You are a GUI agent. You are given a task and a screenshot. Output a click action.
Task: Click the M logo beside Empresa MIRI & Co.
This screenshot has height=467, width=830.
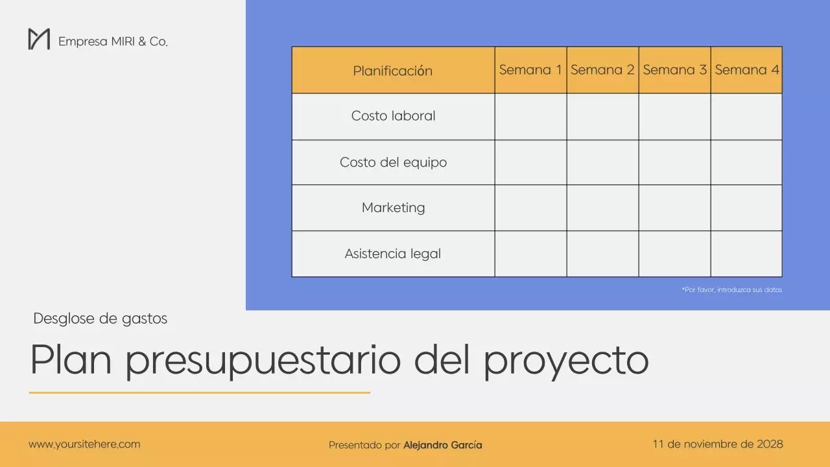coord(39,39)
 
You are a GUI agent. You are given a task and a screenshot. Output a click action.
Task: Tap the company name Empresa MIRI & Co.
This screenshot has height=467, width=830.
coord(113,42)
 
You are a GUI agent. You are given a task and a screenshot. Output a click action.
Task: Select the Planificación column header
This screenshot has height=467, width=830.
coord(392,71)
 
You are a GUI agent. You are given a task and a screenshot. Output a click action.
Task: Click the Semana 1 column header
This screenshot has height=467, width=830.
coord(530,70)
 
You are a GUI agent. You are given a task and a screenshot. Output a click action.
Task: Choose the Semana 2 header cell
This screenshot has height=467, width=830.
coord(602,70)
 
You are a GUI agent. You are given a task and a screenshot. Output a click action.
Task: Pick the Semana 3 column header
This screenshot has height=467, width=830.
coord(674,70)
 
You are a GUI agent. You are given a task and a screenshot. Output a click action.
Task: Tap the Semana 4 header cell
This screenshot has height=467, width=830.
coord(746,70)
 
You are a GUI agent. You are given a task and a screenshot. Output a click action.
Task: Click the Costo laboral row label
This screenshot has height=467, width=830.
coord(393,116)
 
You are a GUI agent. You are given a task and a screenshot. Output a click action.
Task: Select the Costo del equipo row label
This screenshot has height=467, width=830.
coord(393,162)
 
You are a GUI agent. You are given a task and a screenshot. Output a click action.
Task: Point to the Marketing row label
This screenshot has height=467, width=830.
coord(393,208)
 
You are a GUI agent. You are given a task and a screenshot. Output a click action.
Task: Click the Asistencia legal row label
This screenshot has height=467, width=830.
coord(393,254)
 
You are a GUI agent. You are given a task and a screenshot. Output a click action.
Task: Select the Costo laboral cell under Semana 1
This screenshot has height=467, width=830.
coord(530,117)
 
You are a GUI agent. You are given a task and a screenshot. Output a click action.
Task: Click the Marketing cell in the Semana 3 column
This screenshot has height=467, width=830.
coord(674,208)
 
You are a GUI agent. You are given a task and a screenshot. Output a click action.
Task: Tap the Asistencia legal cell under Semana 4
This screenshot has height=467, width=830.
coord(746,254)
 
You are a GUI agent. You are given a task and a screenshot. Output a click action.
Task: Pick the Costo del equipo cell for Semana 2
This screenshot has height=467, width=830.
coord(602,162)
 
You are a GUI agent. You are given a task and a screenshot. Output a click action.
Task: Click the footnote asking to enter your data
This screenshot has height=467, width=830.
coord(731,290)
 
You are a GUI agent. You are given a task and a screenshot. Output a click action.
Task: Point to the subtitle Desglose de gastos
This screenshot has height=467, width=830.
coord(100,318)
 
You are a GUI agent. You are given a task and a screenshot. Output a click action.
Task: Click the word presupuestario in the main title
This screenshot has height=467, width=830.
coord(263,361)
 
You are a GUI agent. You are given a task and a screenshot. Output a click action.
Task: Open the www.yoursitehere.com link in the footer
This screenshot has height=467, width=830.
coord(84,444)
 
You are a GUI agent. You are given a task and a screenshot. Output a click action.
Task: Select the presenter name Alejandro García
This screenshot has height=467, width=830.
coord(442,445)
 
